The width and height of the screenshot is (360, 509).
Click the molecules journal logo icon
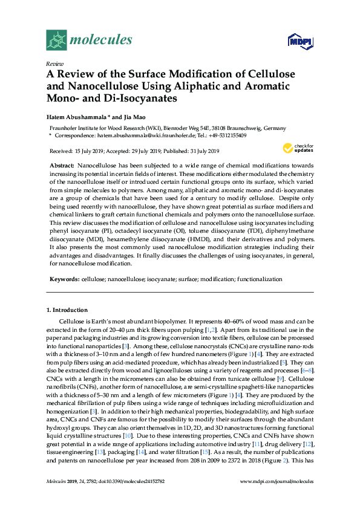click(56, 41)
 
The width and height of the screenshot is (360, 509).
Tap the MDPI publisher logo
click(301, 42)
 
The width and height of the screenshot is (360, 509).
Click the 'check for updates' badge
click(296, 148)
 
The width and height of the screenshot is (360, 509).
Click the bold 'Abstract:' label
click(62, 165)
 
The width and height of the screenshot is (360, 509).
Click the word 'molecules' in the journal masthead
click(101, 41)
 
